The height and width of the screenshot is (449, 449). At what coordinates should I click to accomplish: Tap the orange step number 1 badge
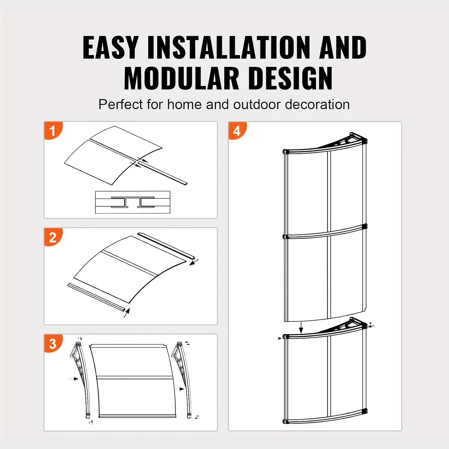click(53, 131)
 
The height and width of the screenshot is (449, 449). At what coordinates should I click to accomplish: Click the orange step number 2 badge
click(53, 237)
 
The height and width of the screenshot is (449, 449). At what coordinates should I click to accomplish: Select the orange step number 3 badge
click(53, 344)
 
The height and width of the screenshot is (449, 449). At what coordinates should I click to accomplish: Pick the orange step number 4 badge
click(237, 131)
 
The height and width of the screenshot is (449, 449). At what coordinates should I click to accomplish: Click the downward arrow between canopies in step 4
click(301, 328)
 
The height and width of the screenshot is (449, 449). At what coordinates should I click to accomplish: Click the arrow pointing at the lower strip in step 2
click(127, 313)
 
